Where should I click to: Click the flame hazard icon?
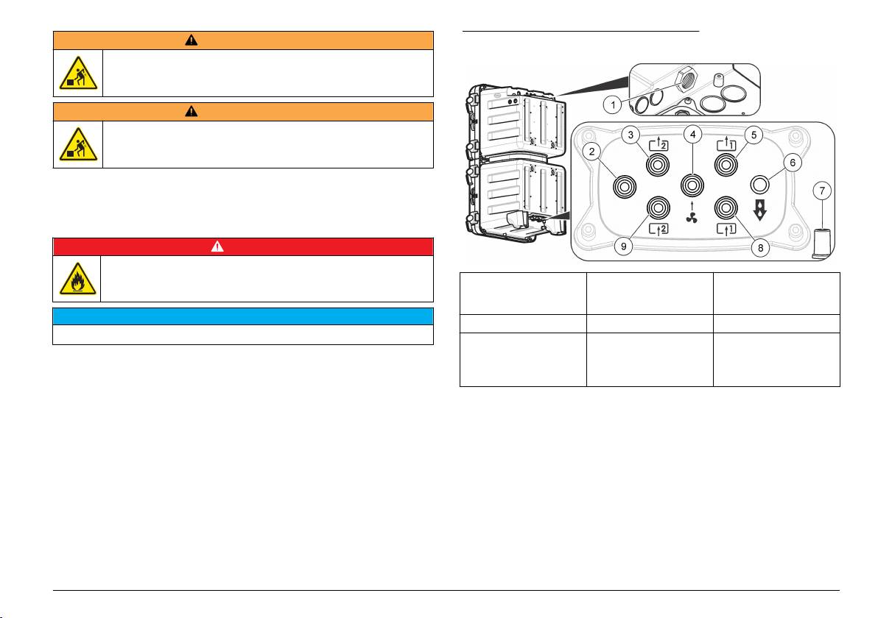point(76,279)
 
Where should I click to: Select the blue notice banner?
point(242,316)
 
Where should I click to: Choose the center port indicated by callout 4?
point(692,183)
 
